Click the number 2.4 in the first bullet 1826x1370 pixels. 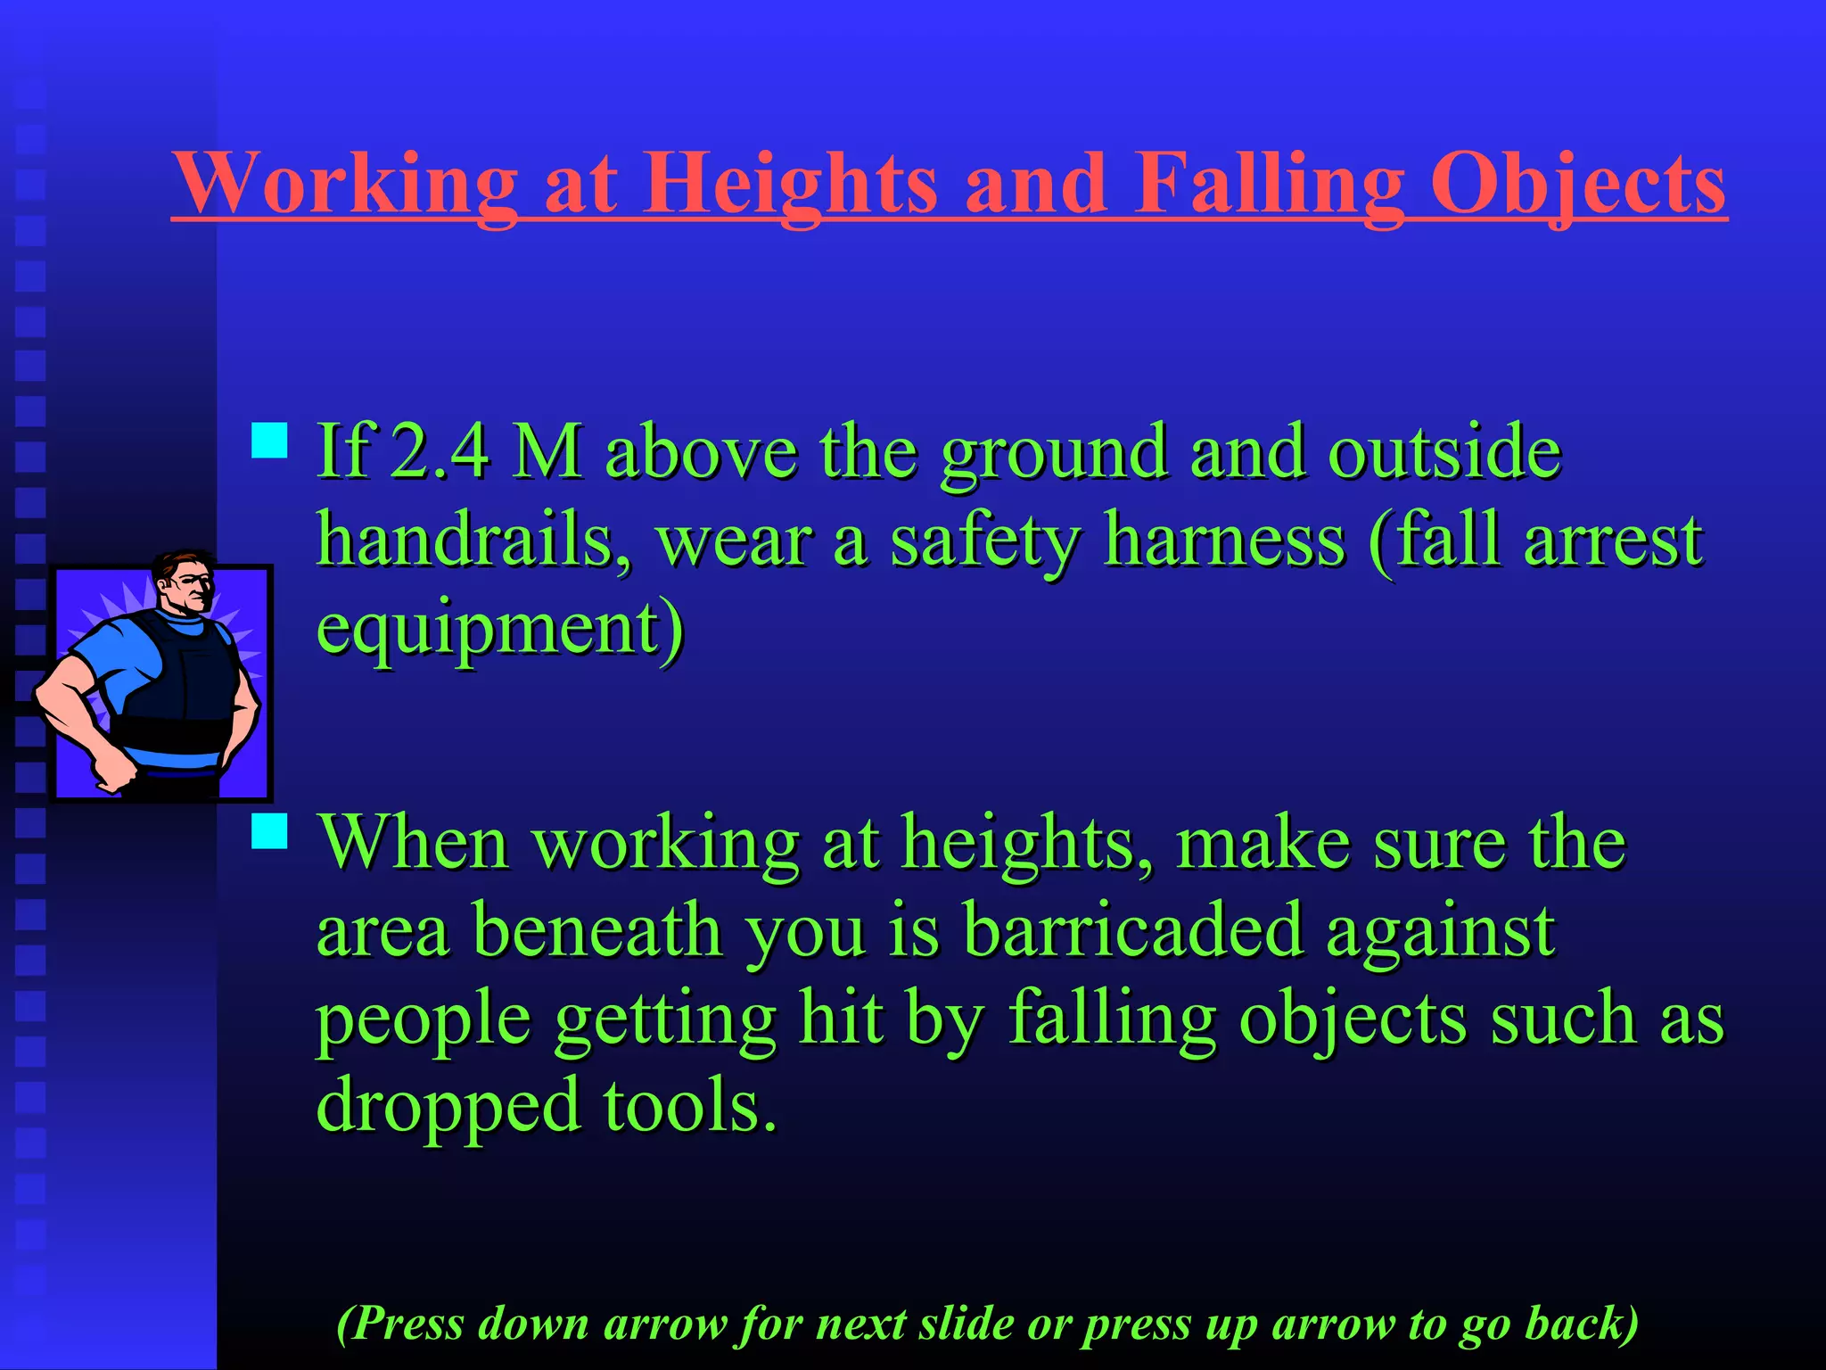[x=440, y=450]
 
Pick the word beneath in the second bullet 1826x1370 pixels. [x=596, y=929]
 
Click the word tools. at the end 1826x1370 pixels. [x=689, y=1104]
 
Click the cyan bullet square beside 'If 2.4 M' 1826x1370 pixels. [x=269, y=441]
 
